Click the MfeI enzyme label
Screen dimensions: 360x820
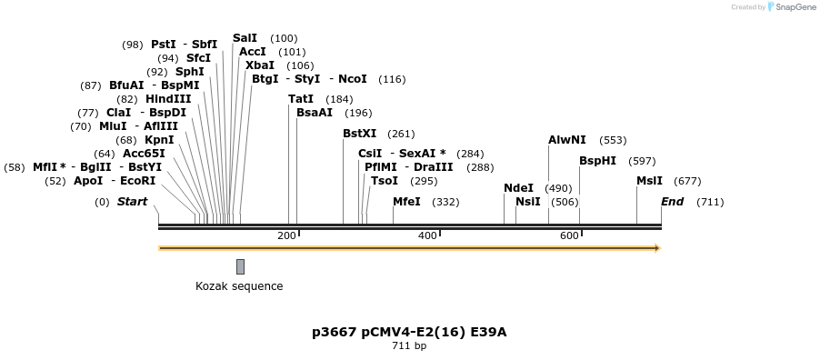click(405, 202)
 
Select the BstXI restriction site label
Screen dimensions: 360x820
click(359, 134)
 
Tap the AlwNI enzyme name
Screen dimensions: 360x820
click(566, 140)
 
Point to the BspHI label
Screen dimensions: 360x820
click(597, 161)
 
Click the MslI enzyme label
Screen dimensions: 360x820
click(649, 181)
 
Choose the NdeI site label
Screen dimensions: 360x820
click(518, 188)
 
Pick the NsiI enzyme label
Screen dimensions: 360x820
click(527, 202)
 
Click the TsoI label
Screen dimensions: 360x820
click(384, 181)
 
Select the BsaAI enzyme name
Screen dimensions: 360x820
click(315, 113)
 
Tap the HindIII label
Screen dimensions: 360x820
click(168, 99)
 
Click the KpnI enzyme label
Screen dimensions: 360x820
click(159, 140)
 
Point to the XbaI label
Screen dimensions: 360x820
click(260, 65)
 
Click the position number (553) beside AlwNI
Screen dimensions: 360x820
click(613, 140)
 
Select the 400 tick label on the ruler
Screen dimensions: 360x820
click(427, 236)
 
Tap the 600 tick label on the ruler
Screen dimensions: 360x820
click(569, 236)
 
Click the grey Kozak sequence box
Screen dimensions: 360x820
click(240, 266)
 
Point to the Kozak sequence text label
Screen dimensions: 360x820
click(239, 286)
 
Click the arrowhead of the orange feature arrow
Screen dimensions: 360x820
click(656, 248)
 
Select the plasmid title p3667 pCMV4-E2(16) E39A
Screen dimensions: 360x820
click(409, 332)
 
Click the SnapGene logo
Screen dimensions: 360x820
click(790, 7)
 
